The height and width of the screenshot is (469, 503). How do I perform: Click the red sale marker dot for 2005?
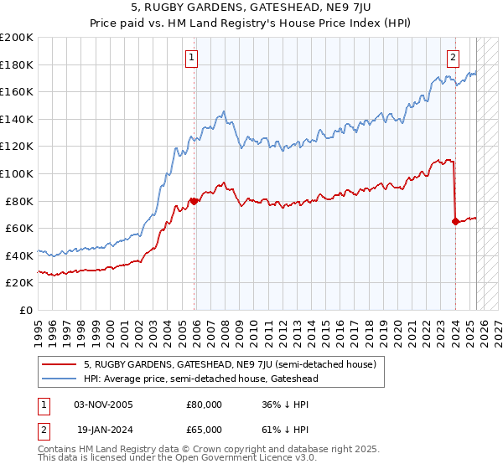[194, 201]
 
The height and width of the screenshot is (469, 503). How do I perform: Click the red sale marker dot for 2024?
[455, 221]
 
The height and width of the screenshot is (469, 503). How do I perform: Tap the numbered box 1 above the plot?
[192, 58]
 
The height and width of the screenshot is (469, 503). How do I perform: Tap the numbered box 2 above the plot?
[453, 58]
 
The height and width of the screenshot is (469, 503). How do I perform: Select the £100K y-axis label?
[17, 173]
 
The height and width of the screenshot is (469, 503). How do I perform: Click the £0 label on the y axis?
[27, 310]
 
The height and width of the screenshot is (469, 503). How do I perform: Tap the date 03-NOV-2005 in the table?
[104, 405]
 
